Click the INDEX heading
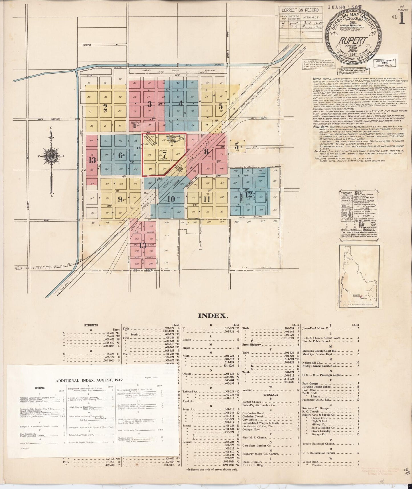pyautogui.click(x=213, y=316)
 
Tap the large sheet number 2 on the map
pyautogui.click(x=105, y=107)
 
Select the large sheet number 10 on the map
pyautogui.click(x=171, y=199)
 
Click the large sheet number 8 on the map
pyautogui.click(x=206, y=151)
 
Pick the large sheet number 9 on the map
pyautogui.click(x=120, y=199)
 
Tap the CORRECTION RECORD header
pyautogui.click(x=296, y=10)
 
